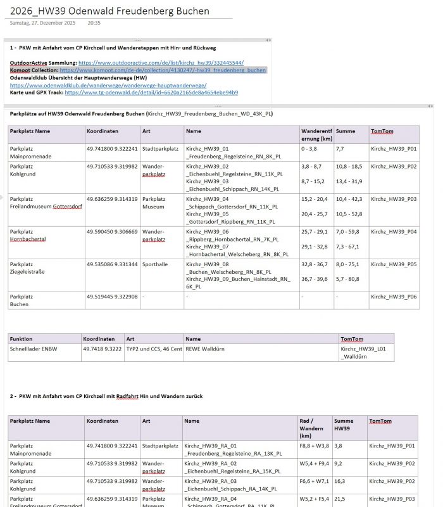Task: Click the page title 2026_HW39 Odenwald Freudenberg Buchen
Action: pyautogui.click(x=109, y=11)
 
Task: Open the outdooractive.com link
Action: pyautogui.click(x=161, y=63)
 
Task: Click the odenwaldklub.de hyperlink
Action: pyautogui.click(x=108, y=85)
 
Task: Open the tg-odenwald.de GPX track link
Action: pyautogui.click(x=151, y=93)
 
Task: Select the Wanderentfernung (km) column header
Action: pyautogui.click(x=316, y=134)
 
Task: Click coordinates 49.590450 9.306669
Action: pyautogui.click(x=112, y=232)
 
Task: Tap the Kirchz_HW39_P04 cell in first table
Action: pyautogui.click(x=393, y=232)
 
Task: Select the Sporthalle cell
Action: pyautogui.click(x=156, y=264)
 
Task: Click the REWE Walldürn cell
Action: pyautogui.click(x=205, y=349)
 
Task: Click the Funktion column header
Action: pyautogui.click(x=22, y=339)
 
